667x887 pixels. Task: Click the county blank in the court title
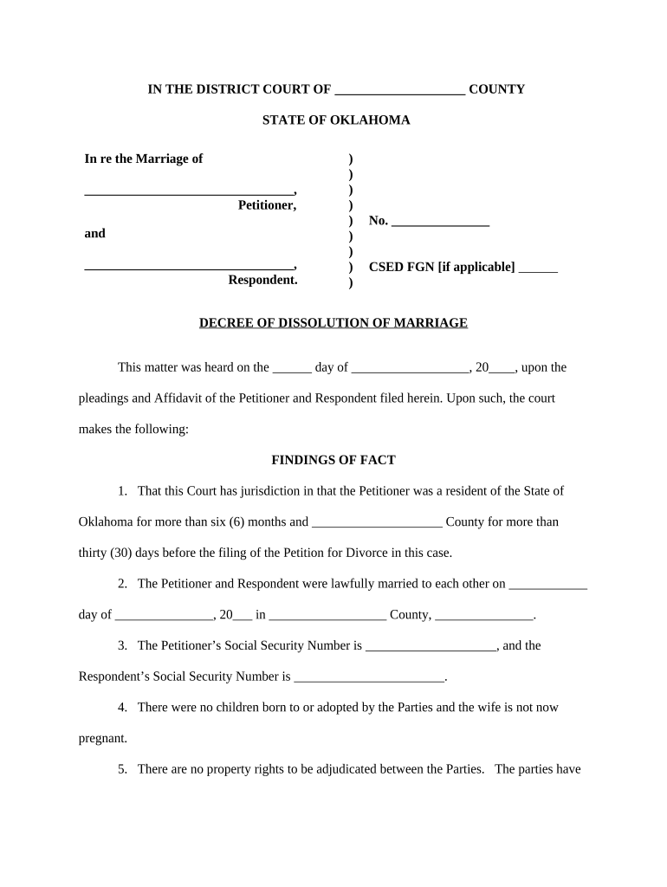click(399, 90)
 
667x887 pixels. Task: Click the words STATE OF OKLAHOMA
click(336, 120)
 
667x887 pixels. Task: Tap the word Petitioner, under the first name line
click(267, 205)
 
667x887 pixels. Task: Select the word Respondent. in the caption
click(262, 280)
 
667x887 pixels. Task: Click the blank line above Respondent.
click(189, 267)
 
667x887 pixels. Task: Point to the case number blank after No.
click(440, 222)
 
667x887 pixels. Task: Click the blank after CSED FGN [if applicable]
click(539, 269)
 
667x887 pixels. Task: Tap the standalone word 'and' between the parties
click(94, 233)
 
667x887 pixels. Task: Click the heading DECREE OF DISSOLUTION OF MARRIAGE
click(333, 323)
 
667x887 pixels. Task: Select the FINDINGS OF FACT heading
click(333, 460)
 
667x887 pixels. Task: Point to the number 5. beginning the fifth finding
click(123, 769)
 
